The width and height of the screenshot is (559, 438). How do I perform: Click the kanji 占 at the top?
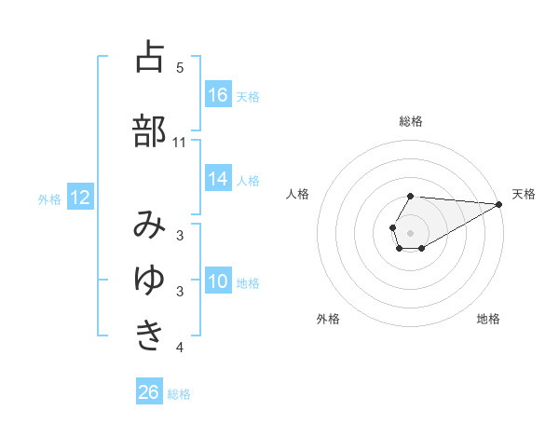[150, 57]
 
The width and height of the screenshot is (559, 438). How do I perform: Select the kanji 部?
[150, 130]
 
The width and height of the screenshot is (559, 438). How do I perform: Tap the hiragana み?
[150, 225]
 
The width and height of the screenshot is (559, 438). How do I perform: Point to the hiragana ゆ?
[150, 279]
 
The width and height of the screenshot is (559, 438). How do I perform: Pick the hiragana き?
[150, 334]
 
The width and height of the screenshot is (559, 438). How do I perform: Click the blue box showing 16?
[218, 94]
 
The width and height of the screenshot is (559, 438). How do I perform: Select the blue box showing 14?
[218, 179]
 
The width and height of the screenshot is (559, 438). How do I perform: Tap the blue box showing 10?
[218, 281]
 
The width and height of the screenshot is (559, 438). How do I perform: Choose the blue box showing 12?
[80, 198]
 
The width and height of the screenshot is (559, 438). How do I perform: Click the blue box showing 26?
[149, 392]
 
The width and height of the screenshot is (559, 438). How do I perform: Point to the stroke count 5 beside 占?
[180, 68]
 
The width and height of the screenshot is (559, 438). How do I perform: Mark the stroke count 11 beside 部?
[180, 143]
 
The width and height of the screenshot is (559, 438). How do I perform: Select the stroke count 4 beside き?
[180, 348]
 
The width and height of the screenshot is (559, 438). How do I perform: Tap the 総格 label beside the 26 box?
[179, 394]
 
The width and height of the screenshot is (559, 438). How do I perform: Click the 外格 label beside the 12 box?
[49, 198]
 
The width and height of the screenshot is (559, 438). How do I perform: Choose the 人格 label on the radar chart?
[298, 194]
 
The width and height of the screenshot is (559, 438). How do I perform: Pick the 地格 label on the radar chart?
[488, 320]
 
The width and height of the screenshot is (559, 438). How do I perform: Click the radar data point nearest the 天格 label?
[498, 204]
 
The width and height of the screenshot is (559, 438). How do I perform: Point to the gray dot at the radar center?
[411, 232]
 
